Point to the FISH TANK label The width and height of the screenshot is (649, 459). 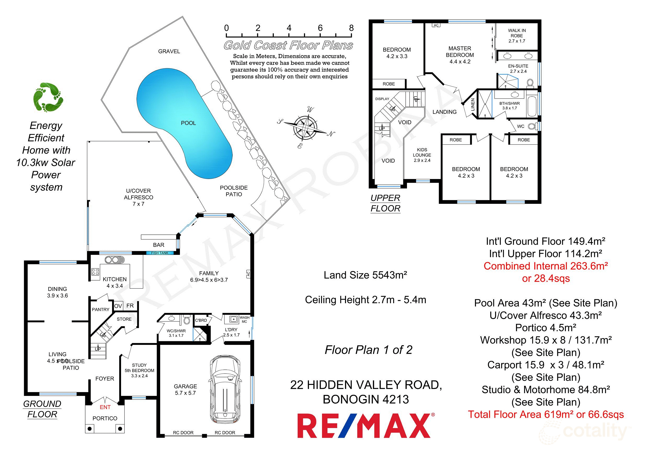pos(159,253)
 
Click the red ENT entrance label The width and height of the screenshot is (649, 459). pos(105,407)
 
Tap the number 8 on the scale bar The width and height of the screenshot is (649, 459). pos(351,28)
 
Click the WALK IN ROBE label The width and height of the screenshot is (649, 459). pos(516,36)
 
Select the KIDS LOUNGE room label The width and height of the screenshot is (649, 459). pos(422,155)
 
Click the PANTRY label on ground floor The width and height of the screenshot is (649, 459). pos(100,310)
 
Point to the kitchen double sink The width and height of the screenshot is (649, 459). pos(114,260)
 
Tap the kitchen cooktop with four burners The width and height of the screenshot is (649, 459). pos(95,272)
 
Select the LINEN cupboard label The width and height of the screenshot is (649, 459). pos(473,104)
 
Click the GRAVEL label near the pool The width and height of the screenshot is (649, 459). pos(169,51)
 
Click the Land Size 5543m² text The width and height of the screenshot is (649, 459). pos(365,275)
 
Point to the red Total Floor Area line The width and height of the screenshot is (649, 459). pos(545,415)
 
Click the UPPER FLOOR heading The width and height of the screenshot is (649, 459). pos(385,203)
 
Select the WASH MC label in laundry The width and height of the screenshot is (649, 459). pos(244,320)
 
